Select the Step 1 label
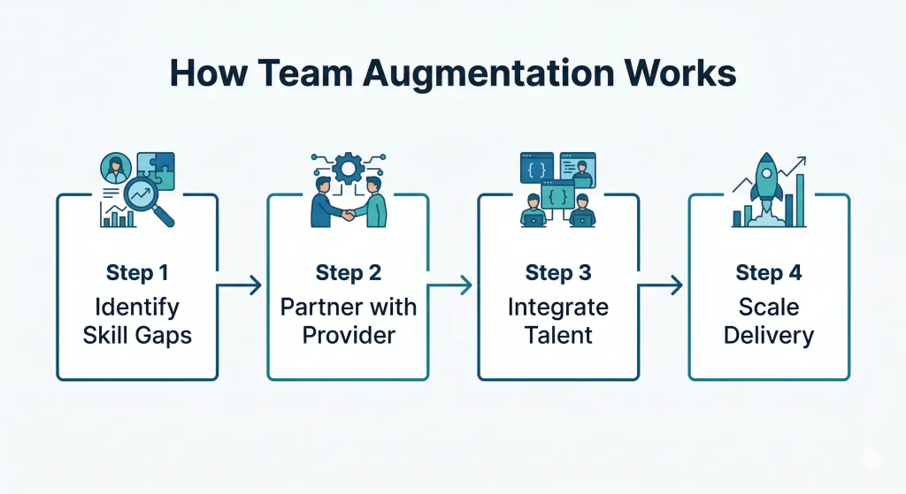pyautogui.click(x=136, y=273)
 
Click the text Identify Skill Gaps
pyautogui.click(x=136, y=322)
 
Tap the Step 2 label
pyautogui.click(x=348, y=273)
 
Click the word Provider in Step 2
pyautogui.click(x=348, y=336)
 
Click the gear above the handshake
pyautogui.click(x=348, y=167)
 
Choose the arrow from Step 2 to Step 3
pyautogui.click(x=451, y=285)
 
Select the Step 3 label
pyautogui.click(x=558, y=273)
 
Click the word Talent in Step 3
pyautogui.click(x=558, y=336)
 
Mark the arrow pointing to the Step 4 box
pyautogui.click(x=662, y=285)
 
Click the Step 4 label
pyautogui.click(x=769, y=273)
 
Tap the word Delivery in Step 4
pyautogui.click(x=769, y=336)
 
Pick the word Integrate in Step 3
pyautogui.click(x=558, y=308)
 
